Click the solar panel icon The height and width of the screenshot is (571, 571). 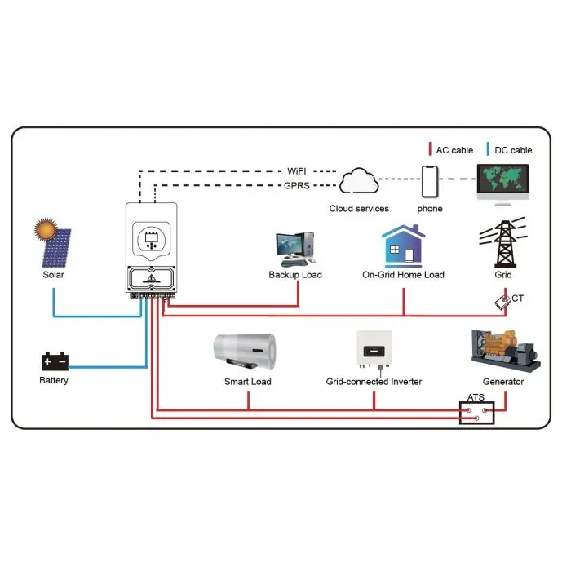pyautogui.click(x=53, y=242)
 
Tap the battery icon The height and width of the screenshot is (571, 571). pyautogui.click(x=55, y=361)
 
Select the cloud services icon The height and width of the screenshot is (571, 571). pyautogui.click(x=360, y=181)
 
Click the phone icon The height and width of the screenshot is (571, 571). pyautogui.click(x=430, y=181)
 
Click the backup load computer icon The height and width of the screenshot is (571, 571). pyautogui.click(x=293, y=249)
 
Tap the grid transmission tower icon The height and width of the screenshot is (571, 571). pyautogui.click(x=503, y=241)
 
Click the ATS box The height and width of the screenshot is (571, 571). pyautogui.click(x=476, y=413)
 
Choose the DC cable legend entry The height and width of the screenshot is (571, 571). pyautogui.click(x=510, y=149)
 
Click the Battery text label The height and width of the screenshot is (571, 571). pyautogui.click(x=54, y=381)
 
